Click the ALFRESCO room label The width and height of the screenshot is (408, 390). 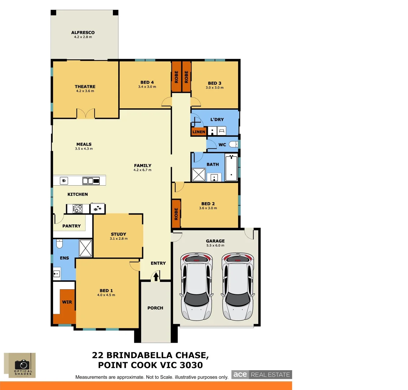click(x=83, y=32)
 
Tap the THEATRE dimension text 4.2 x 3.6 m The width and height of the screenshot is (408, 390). click(x=85, y=91)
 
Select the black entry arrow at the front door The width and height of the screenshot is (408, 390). click(x=156, y=276)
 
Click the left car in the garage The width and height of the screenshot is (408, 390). click(x=196, y=287)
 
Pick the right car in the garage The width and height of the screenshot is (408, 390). click(x=238, y=287)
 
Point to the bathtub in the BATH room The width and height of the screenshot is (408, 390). click(x=231, y=168)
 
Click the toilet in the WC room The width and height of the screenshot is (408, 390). click(x=234, y=144)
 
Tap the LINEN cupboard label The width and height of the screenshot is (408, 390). click(x=199, y=132)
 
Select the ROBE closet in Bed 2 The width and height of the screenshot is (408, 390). click(x=176, y=214)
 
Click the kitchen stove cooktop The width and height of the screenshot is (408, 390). click(x=78, y=208)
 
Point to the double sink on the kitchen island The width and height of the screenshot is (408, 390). click(x=91, y=181)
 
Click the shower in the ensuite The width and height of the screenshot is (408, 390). click(x=85, y=248)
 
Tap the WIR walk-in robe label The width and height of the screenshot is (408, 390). click(x=67, y=302)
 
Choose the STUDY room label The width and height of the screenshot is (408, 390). click(x=118, y=234)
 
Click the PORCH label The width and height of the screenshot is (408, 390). click(x=155, y=308)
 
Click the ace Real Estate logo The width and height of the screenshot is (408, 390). click(x=262, y=374)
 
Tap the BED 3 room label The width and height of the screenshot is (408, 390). click(x=215, y=83)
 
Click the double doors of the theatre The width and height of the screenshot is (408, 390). click(x=85, y=114)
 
